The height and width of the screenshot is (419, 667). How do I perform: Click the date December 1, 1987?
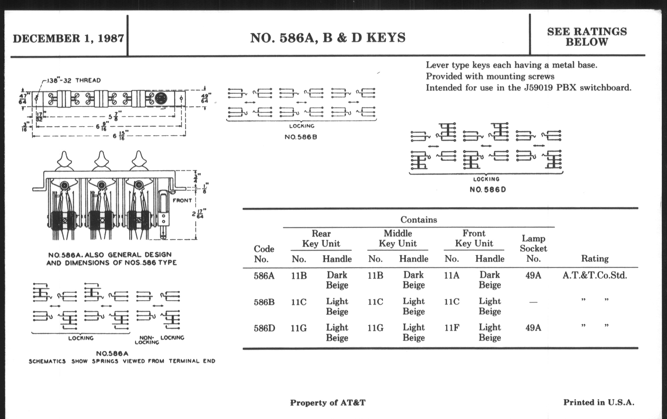coord(68,38)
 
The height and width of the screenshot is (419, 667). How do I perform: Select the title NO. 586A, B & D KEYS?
coord(328,38)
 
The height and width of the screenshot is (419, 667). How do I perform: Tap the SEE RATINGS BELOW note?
coord(587,37)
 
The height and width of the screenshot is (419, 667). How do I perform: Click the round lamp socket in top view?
coord(161,98)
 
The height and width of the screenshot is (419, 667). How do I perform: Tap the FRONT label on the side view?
coord(182,200)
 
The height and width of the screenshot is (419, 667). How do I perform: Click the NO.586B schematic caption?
coord(301,137)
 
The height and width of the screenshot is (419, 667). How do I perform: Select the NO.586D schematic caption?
coord(488,190)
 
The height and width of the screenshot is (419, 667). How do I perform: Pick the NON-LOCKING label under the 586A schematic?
coord(147,340)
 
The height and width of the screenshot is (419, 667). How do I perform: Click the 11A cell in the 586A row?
coord(451,275)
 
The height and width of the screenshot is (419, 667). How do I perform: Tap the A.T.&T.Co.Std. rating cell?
coord(595,275)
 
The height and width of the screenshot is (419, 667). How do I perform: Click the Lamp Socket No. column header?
coord(533,248)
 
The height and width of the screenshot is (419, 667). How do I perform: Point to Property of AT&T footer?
coord(328,403)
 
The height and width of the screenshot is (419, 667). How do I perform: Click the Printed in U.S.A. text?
coord(599,402)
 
